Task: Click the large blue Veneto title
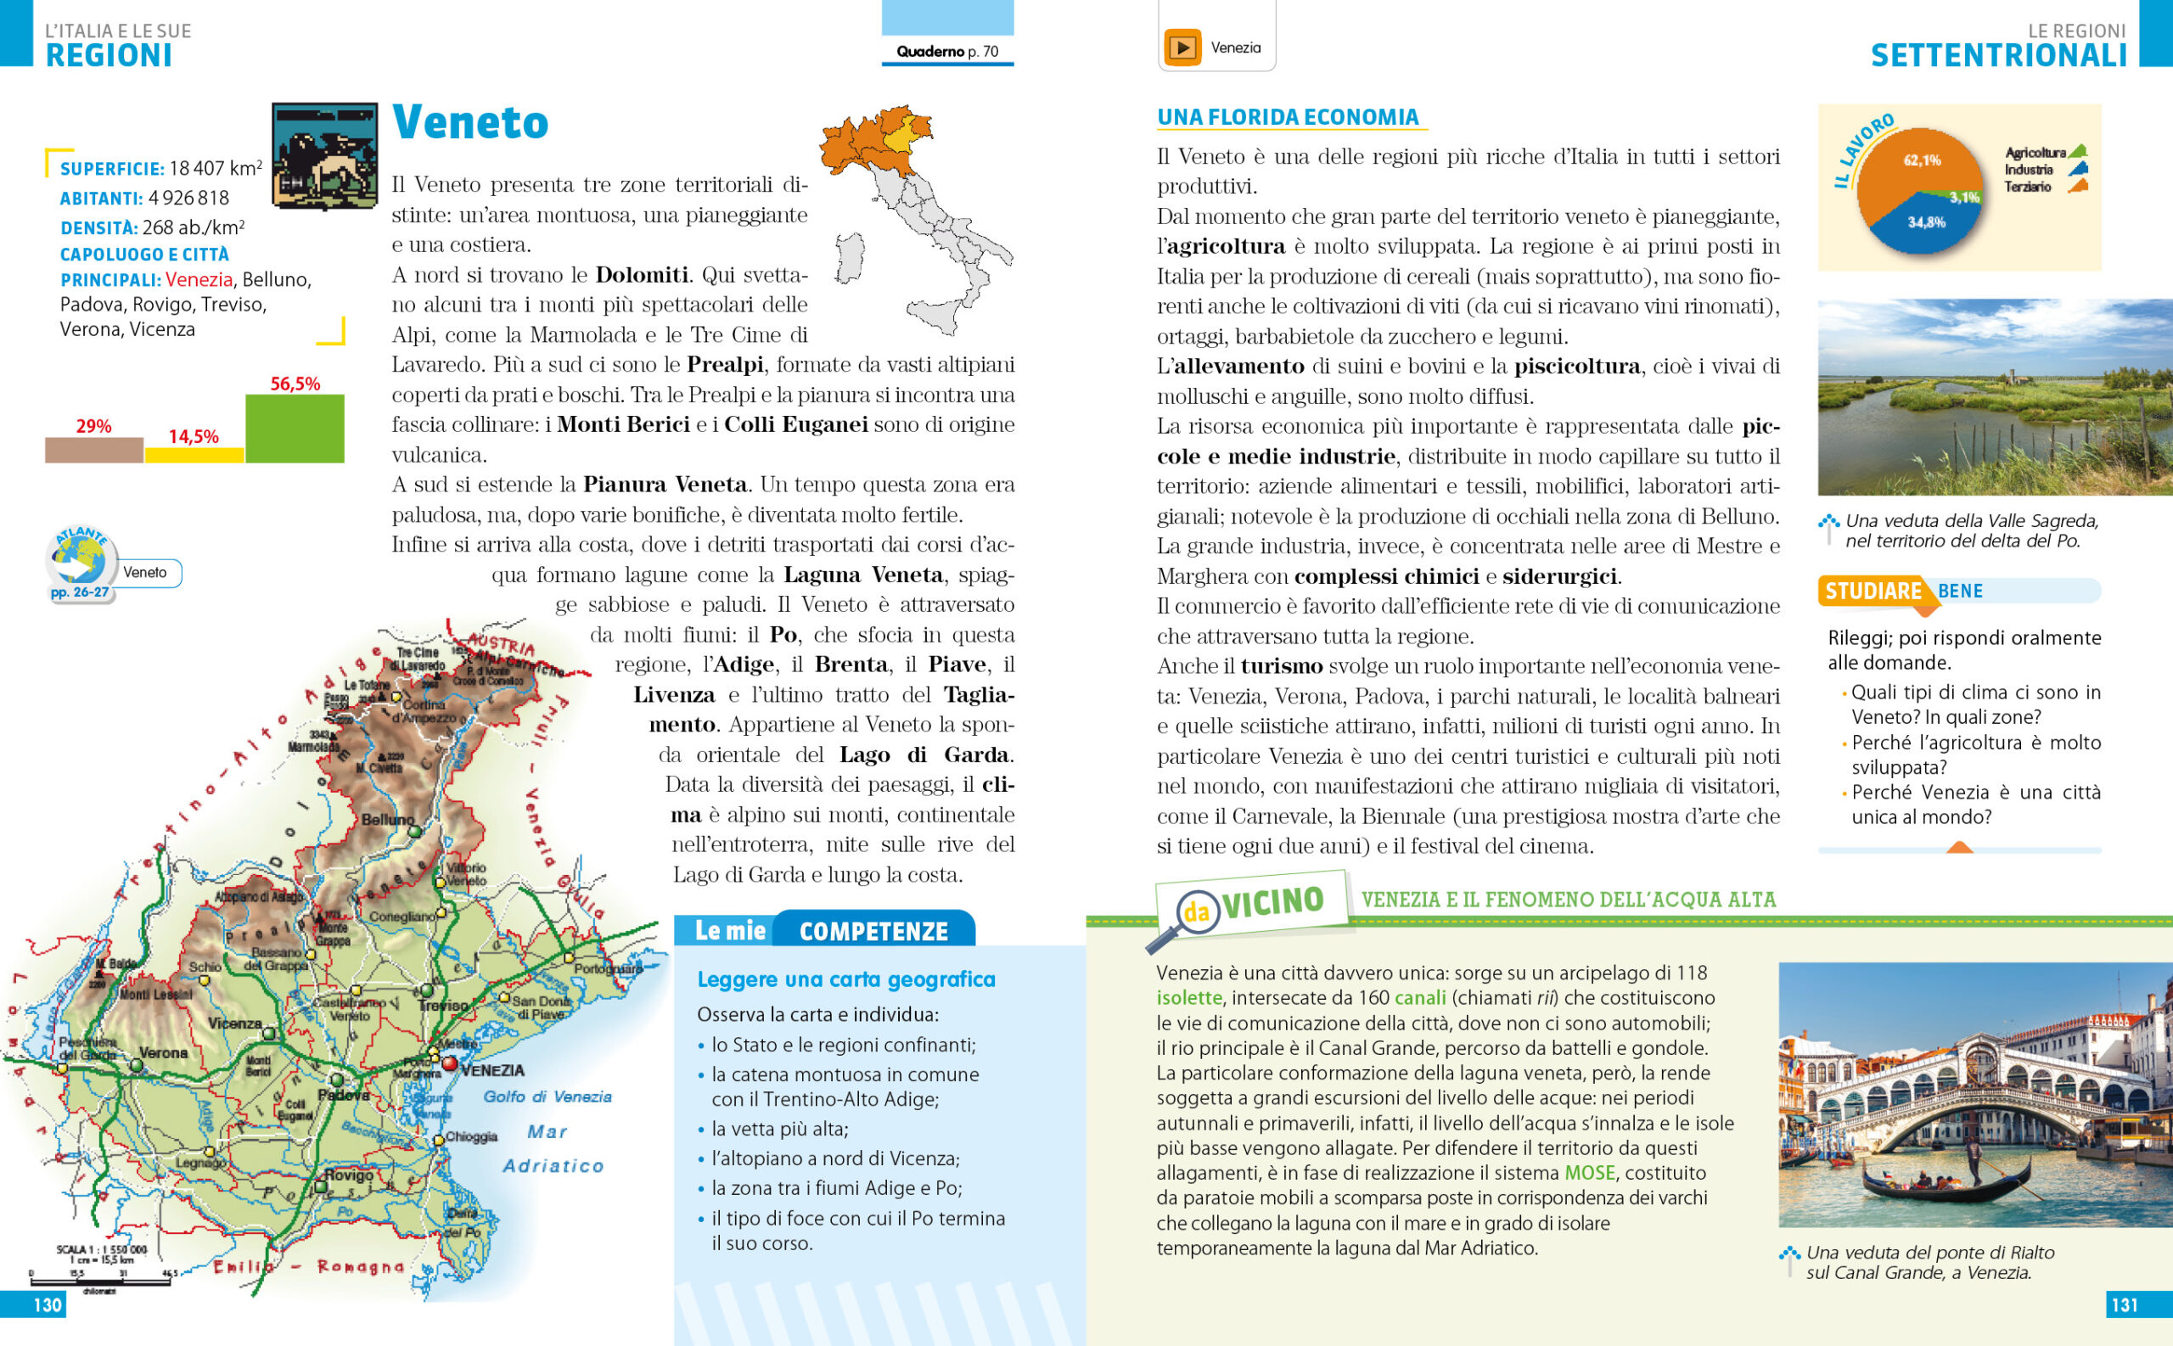pos(470,123)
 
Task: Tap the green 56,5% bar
pos(295,429)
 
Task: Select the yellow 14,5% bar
pos(194,455)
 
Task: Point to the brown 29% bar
pos(93,450)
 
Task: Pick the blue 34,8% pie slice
pos(1928,227)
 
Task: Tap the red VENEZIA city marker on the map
pos(449,1063)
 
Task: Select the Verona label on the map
pos(163,1052)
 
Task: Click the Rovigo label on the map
pos(348,1175)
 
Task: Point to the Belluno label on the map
pos(387,819)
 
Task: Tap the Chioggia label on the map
pos(471,1136)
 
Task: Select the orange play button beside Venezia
pos(1182,48)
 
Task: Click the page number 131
pos(2124,1305)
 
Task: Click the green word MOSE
pos(1589,1174)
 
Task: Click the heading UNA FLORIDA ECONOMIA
pos(1287,117)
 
